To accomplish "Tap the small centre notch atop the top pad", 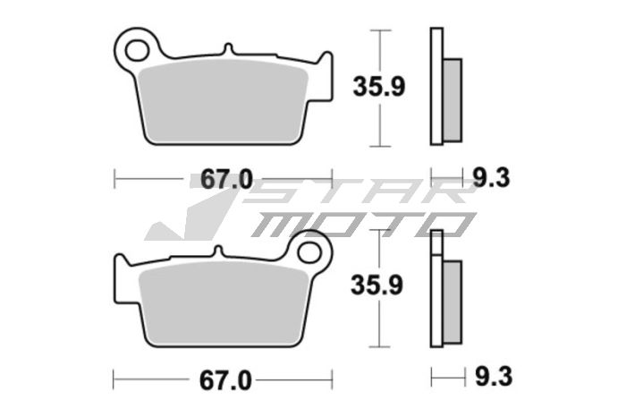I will [229, 50].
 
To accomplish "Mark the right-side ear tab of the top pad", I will [326, 68].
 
